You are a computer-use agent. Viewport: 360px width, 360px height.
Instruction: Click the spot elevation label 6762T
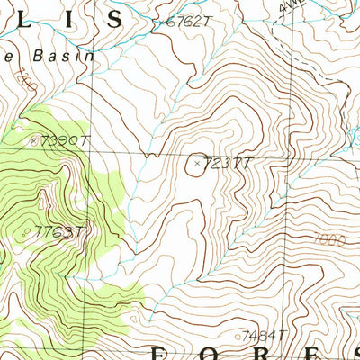pyautogui.click(x=187, y=22)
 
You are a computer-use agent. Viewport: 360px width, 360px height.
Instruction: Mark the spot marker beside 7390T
pyautogui.click(x=34, y=139)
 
